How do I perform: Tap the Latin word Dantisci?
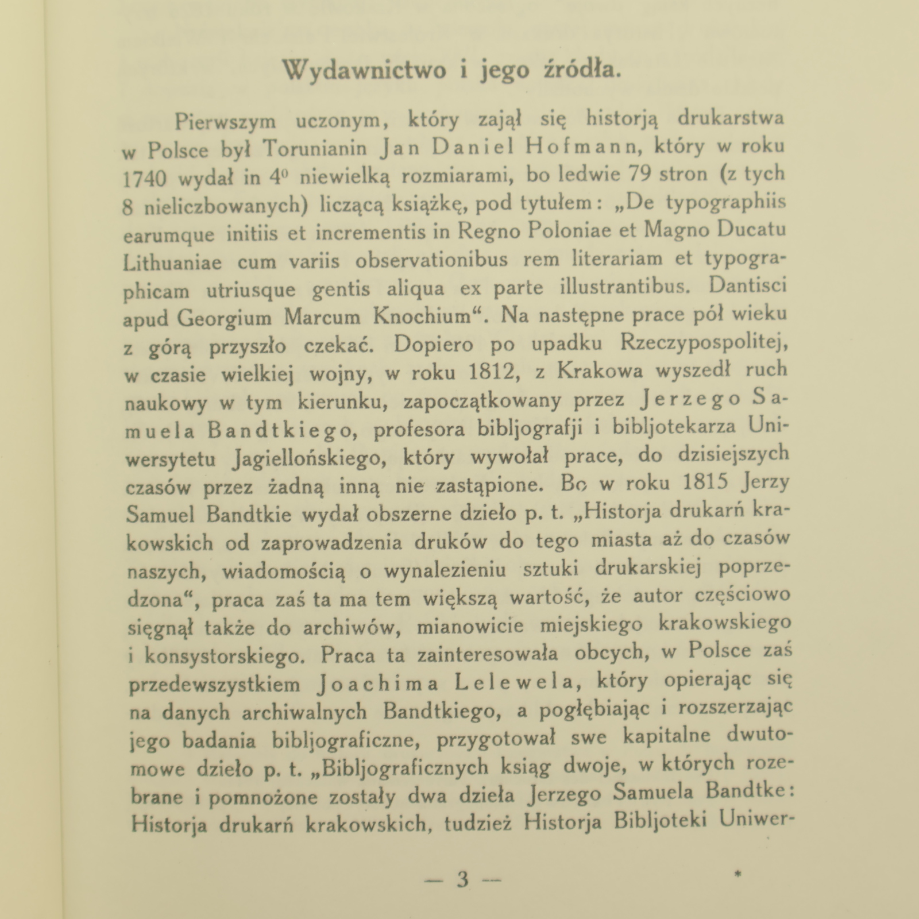(748, 285)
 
